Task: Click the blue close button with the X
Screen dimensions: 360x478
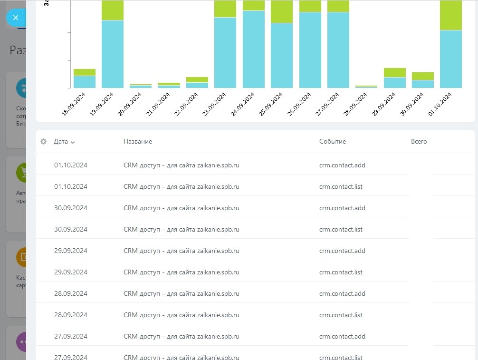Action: [16, 18]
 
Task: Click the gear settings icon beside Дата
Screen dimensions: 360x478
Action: [44, 142]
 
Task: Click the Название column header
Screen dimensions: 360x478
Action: [138, 142]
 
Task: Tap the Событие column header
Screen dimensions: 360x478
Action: [333, 142]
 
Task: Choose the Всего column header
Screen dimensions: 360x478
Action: [419, 142]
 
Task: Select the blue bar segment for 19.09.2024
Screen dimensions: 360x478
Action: [113, 54]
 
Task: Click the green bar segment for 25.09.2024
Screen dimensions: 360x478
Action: [282, 11]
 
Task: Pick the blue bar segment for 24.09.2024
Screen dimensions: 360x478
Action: [254, 49]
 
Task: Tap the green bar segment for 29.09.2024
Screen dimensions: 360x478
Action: [395, 72]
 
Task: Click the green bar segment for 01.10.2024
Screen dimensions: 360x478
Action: [451, 15]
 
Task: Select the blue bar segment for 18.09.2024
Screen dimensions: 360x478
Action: [85, 82]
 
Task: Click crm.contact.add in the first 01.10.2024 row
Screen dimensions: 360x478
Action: [342, 165]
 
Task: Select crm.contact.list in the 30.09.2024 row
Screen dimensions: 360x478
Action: [341, 229]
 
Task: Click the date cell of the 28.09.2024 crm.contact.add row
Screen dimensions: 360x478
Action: [71, 293]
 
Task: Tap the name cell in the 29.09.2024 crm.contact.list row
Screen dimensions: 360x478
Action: [181, 272]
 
